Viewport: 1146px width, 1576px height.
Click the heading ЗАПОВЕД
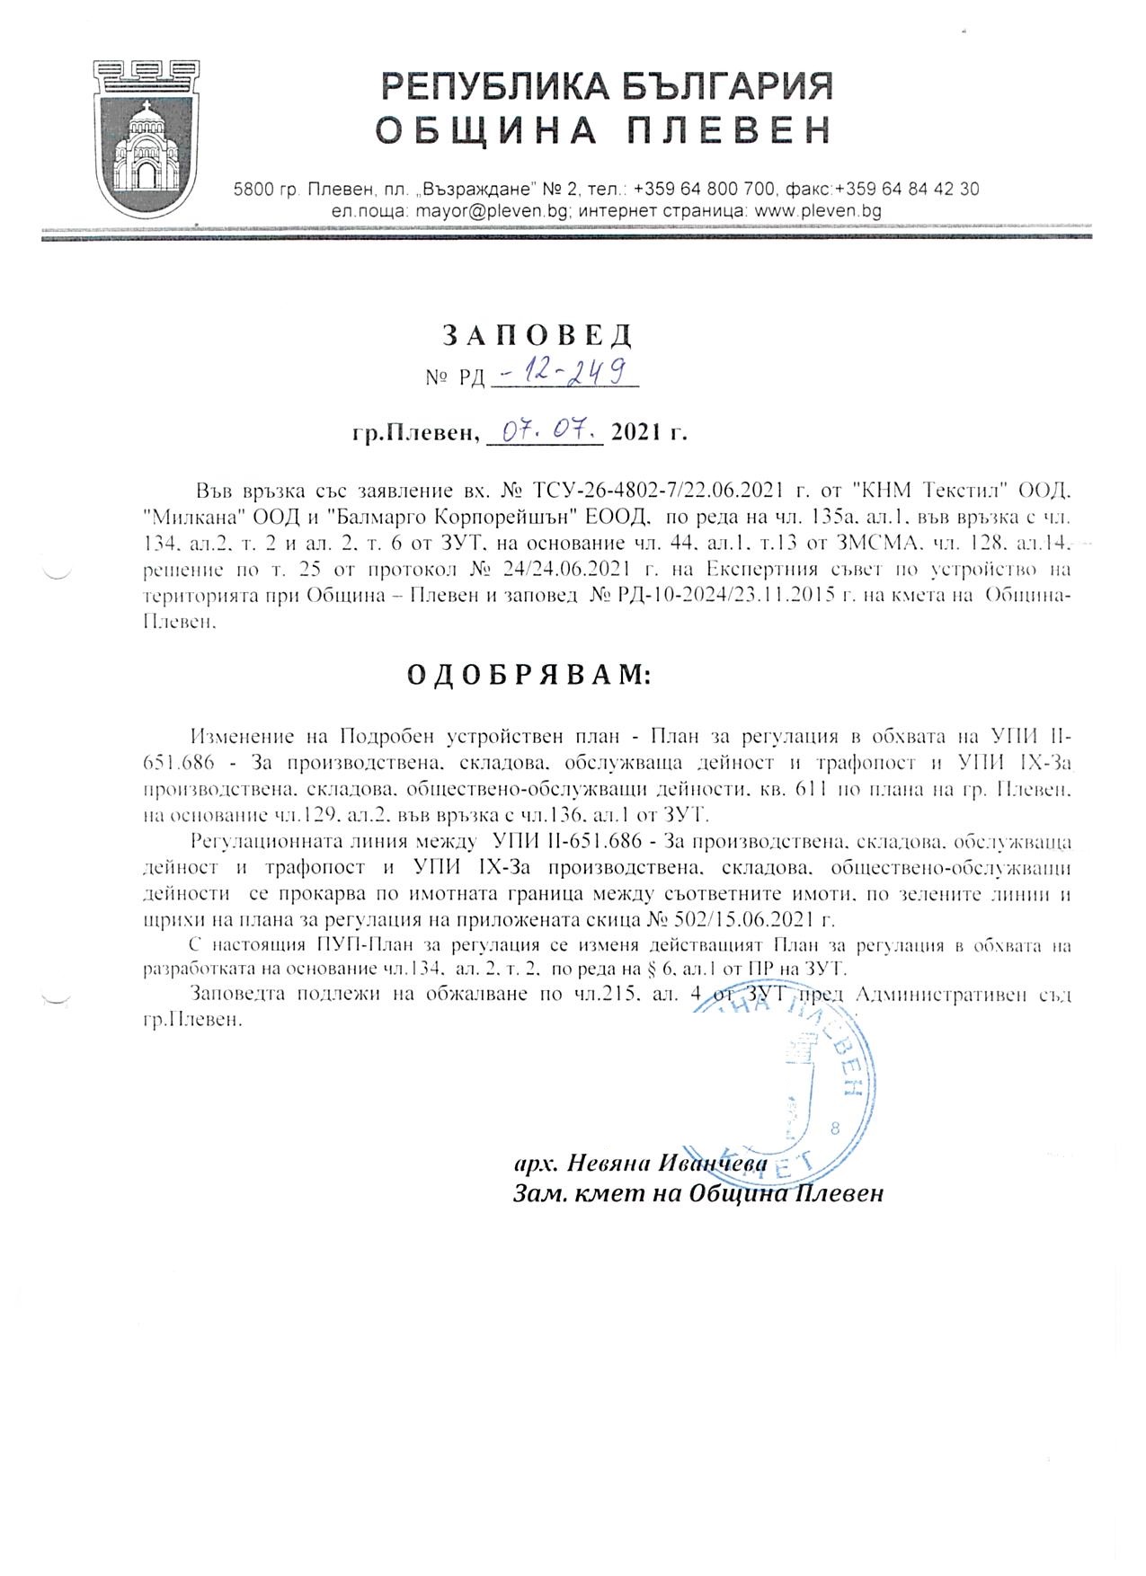(537, 334)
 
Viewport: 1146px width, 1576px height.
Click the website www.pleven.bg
(817, 211)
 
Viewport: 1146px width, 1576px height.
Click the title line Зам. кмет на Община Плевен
(697, 1193)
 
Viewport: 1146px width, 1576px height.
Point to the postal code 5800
(251, 190)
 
